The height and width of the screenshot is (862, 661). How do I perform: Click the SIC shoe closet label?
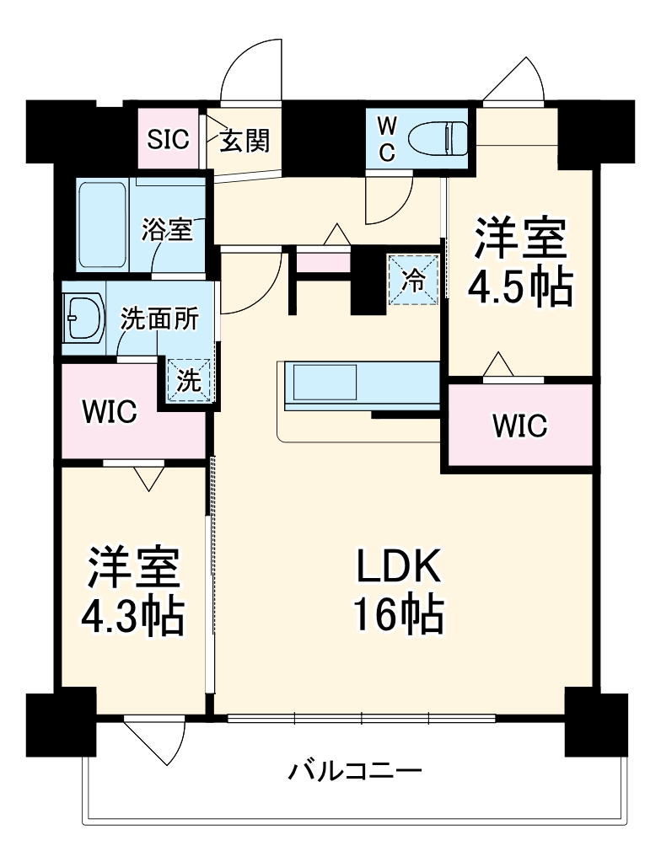(x=169, y=139)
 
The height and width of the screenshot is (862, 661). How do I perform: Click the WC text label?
(x=385, y=137)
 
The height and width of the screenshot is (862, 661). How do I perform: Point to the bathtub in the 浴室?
(x=100, y=225)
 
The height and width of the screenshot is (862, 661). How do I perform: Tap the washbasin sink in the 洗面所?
(x=83, y=318)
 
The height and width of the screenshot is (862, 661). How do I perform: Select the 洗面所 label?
(x=160, y=319)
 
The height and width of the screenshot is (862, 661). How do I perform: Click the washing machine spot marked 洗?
(x=189, y=381)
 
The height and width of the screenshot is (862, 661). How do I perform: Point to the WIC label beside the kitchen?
(x=519, y=426)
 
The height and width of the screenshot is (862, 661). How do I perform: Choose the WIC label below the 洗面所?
(x=108, y=412)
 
